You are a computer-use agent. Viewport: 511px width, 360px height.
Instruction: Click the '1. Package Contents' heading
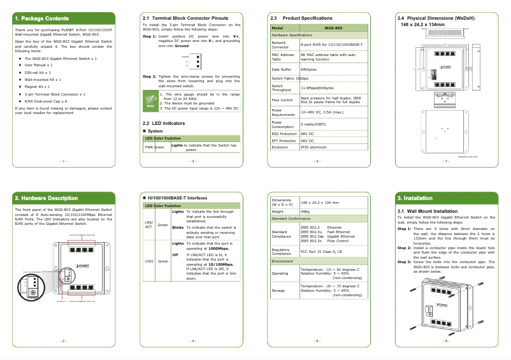click(42, 18)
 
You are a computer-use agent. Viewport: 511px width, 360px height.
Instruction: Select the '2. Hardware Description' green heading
click(46, 198)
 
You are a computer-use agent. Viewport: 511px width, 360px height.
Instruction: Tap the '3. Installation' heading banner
click(415, 198)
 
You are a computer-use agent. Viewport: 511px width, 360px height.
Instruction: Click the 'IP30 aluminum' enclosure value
click(313, 147)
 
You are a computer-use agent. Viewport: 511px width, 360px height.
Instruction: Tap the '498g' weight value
click(305, 211)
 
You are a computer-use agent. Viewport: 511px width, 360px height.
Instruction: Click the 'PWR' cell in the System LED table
click(148, 147)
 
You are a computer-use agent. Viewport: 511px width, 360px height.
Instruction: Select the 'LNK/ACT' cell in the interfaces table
click(148, 224)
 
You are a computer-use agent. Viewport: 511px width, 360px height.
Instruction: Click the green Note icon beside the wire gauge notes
click(150, 100)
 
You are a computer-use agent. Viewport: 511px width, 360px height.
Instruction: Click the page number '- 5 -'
click(317, 162)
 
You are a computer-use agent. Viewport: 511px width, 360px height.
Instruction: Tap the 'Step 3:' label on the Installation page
click(405, 261)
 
